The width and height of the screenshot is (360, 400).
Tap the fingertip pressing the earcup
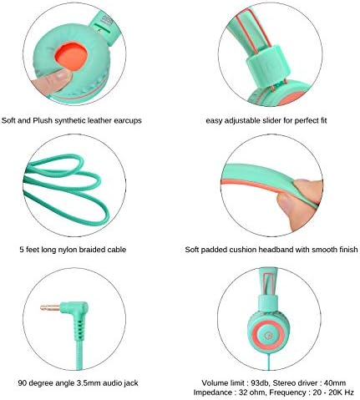click(52, 81)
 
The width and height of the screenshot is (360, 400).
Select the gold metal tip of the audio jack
click(49, 307)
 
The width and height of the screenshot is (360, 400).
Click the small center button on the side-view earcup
click(268, 335)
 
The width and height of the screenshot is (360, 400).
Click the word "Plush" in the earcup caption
click(43, 120)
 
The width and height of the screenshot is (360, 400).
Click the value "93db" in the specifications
click(260, 383)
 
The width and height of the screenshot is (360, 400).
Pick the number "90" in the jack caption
click(23, 383)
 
